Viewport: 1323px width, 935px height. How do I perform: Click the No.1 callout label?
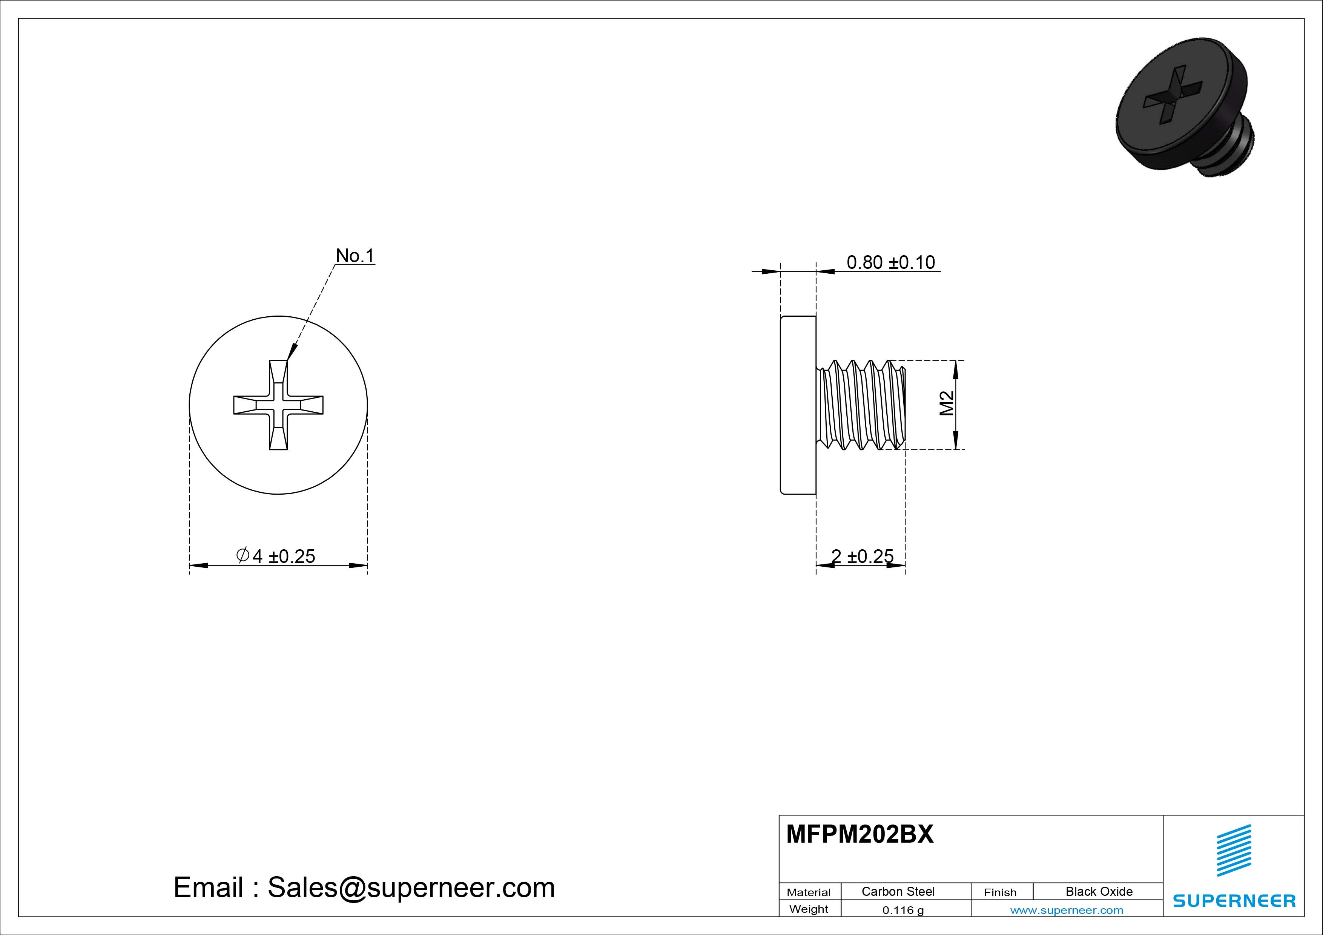pyautogui.click(x=355, y=255)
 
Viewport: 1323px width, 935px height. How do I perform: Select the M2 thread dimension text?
pyautogui.click(x=947, y=403)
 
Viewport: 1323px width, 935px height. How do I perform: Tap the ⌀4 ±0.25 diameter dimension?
pyautogui.click(x=276, y=556)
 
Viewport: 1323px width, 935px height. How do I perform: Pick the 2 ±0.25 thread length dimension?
pyautogui.click(x=862, y=556)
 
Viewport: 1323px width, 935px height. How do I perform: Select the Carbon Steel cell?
pyautogui.click(x=898, y=891)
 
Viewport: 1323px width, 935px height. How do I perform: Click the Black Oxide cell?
pyautogui.click(x=1099, y=891)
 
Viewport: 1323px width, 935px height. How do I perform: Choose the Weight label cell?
pyautogui.click(x=809, y=909)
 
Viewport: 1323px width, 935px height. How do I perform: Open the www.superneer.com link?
pyautogui.click(x=1067, y=910)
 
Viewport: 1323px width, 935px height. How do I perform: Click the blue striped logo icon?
pyautogui.click(x=1234, y=850)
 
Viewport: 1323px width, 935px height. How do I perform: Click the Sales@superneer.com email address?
pyautogui.click(x=411, y=887)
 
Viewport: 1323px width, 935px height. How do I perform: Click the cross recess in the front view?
pyautogui.click(x=278, y=405)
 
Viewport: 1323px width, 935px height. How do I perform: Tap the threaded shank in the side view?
pyautogui.click(x=861, y=405)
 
